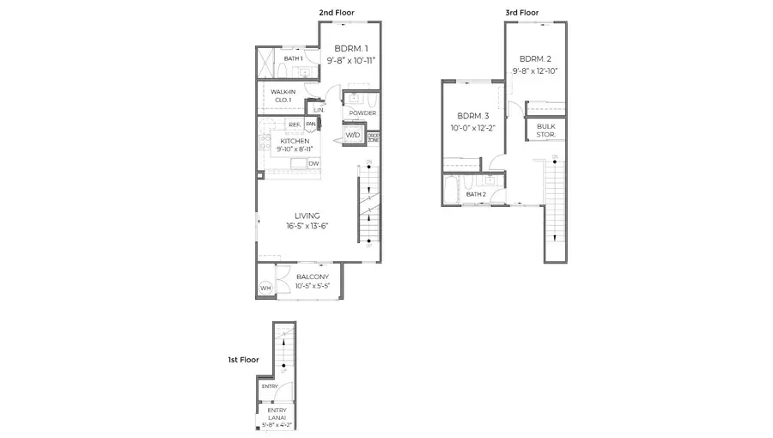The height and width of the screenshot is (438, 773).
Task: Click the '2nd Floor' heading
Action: tap(337, 12)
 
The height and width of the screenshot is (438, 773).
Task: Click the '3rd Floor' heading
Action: tap(521, 12)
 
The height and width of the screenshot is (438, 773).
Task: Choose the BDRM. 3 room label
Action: tap(472, 116)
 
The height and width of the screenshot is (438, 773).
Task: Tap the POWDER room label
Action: tap(362, 113)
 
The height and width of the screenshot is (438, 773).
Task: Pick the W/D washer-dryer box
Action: tap(353, 136)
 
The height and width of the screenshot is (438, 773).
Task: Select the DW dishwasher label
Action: tap(313, 163)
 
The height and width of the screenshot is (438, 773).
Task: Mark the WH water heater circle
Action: tap(265, 288)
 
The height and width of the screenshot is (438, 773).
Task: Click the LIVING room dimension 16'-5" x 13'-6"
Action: tap(307, 226)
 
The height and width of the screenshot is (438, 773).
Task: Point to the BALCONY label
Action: tap(312, 277)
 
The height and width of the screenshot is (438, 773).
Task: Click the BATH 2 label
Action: tap(476, 195)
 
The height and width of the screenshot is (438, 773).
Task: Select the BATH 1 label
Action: tap(294, 58)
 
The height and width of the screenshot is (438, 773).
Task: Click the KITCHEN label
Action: tap(295, 140)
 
